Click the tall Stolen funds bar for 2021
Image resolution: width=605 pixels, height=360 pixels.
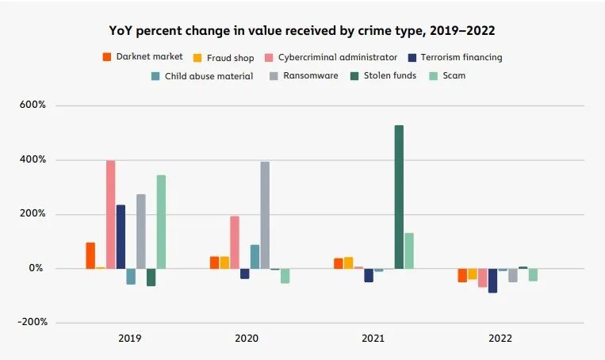tap(399, 197)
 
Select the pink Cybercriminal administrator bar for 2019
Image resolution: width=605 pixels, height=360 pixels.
tap(111, 214)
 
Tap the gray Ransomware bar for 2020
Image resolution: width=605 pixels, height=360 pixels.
tap(265, 215)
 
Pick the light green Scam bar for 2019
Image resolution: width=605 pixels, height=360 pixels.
tap(161, 222)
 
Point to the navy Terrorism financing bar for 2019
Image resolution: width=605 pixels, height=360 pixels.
tap(121, 236)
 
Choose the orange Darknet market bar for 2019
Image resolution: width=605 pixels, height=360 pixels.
tap(90, 255)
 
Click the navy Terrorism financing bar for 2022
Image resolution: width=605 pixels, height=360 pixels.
tap(492, 281)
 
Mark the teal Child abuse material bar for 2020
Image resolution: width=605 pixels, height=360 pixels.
tap(255, 257)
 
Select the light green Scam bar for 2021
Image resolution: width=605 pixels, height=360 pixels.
tap(409, 251)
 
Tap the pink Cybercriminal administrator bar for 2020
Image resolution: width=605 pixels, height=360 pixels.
tap(235, 243)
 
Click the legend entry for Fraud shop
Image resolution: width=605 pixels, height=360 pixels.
tap(224, 58)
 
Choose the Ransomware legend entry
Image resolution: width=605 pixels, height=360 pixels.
tap(304, 75)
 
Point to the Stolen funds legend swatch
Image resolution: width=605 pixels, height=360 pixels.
tap(354, 75)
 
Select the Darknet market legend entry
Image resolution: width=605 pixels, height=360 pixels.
tap(143, 57)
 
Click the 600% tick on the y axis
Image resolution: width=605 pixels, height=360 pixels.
tap(33, 105)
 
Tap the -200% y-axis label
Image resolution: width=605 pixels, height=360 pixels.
tap(33, 322)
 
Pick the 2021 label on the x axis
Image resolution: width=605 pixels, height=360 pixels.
tap(373, 339)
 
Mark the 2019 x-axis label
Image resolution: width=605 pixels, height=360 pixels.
tap(130, 339)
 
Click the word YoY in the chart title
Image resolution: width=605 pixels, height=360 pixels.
tap(121, 30)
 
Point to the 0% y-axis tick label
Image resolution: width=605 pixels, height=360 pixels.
tap(36, 268)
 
